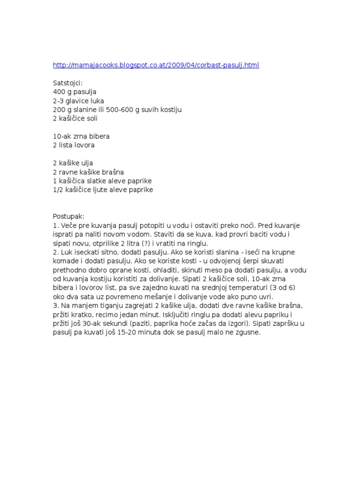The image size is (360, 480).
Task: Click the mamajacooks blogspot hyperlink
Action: pos(156,65)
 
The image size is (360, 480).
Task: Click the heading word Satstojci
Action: pos(67,83)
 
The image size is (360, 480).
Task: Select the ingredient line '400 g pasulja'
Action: pos(75,92)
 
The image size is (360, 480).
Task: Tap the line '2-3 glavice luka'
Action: pos(78,101)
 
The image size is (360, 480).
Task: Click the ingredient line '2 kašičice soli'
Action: pos(75,119)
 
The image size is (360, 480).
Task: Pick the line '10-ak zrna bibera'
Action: pos(81,136)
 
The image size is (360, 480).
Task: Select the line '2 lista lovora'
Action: pos(74,145)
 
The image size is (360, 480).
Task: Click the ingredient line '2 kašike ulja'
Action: pos(73,163)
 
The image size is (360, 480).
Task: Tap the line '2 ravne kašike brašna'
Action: pos(88,172)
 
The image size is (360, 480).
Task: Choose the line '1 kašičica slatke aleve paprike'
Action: pos(102,181)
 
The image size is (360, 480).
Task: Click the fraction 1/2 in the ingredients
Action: pos(58,190)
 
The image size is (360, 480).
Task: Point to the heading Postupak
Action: pos(68,217)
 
